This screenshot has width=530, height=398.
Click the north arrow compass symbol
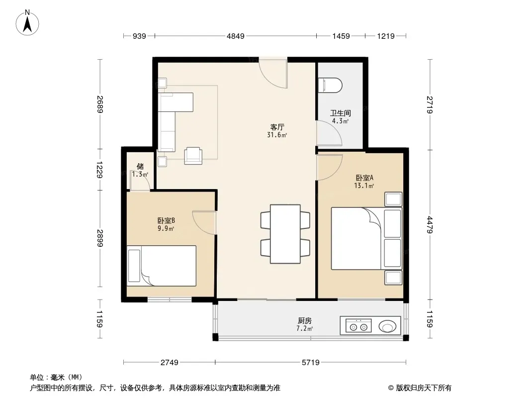point(27,23)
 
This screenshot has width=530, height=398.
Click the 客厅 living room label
point(277,127)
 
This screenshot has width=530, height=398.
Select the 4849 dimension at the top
point(236,36)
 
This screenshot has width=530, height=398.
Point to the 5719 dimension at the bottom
point(311,363)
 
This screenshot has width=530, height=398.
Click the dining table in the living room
point(285,234)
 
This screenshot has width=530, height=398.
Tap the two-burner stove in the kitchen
point(358,326)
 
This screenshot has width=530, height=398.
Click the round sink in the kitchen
point(387,327)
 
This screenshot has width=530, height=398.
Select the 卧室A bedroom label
point(364,178)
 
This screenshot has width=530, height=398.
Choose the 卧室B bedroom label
point(166,221)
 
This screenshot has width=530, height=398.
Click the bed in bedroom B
point(162,266)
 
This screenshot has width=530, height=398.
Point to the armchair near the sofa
point(193,156)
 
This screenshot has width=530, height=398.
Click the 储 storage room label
point(140,166)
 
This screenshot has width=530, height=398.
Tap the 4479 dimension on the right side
point(430,225)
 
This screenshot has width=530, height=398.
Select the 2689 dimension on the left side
point(100,104)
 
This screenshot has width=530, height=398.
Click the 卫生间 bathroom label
point(341,113)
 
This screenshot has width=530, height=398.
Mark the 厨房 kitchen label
point(305,320)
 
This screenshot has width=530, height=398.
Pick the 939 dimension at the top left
point(139,36)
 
